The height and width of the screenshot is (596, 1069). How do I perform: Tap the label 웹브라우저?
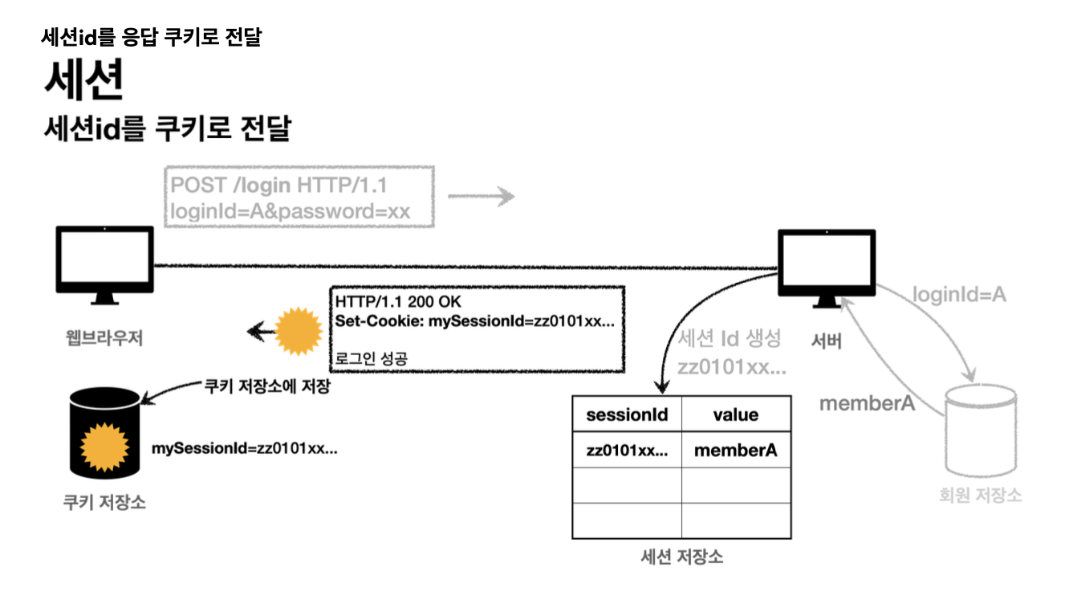pyautogui.click(x=105, y=337)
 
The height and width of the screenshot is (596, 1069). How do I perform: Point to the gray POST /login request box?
pyautogui.click(x=299, y=198)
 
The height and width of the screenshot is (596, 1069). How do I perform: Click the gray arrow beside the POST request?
pyautogui.click(x=480, y=195)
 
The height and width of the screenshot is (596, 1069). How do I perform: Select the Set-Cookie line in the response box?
pyautogui.click(x=475, y=321)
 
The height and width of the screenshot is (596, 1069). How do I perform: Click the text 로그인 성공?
pyautogui.click(x=371, y=358)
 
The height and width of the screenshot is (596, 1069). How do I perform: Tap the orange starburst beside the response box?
pyautogui.click(x=299, y=329)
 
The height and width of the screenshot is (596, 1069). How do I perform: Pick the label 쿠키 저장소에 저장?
pyautogui.click(x=266, y=386)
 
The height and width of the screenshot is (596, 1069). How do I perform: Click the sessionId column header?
pyautogui.click(x=627, y=414)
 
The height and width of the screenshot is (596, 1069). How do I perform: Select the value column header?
pyautogui.click(x=735, y=414)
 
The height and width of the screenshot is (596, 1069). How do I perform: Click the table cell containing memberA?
pyautogui.click(x=735, y=451)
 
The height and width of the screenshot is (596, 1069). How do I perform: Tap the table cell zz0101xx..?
pyautogui.click(x=627, y=451)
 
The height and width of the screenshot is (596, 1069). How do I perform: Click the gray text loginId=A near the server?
pyautogui.click(x=959, y=296)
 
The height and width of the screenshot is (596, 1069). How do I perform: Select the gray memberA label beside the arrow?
pyautogui.click(x=867, y=403)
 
